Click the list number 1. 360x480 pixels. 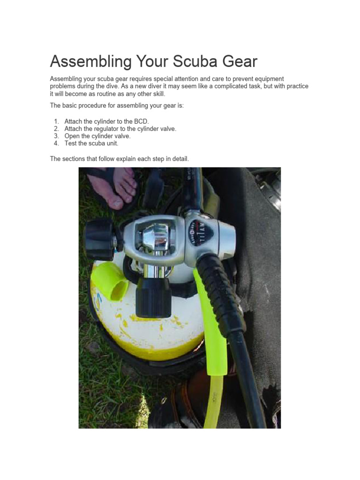[56, 121]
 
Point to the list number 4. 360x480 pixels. [56, 143]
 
